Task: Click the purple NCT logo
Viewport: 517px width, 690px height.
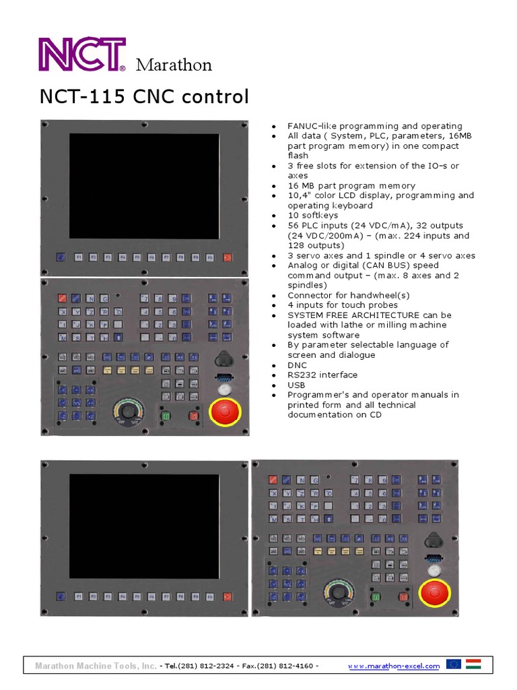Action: tap(82, 54)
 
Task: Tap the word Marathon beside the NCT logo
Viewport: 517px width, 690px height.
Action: tap(174, 65)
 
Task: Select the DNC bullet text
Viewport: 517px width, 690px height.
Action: tap(298, 365)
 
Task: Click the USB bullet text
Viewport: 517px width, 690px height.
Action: tap(296, 385)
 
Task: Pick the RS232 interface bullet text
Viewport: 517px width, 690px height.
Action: tap(322, 375)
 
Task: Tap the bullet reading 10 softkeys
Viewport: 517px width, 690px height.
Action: tap(313, 216)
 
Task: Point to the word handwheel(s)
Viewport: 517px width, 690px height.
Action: tap(381, 295)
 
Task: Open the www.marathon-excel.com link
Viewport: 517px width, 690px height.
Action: tap(394, 666)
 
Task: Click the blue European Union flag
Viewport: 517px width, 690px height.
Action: tap(454, 664)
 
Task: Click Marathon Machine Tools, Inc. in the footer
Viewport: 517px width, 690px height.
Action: tap(95, 666)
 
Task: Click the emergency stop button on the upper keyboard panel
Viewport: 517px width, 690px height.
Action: tap(226, 412)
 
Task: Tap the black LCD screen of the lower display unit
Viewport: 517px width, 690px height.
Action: tap(145, 521)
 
